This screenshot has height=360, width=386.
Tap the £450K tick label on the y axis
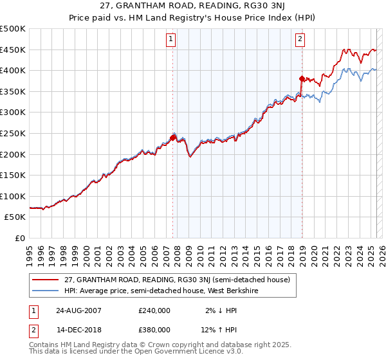(x=13, y=50)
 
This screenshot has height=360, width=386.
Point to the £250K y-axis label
(x=13, y=133)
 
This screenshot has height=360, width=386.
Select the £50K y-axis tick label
(x=15, y=217)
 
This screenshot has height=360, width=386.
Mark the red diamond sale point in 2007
(x=173, y=137)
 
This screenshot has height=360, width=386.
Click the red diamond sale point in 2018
(x=302, y=78)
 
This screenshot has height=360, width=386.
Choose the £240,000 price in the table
(x=154, y=310)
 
